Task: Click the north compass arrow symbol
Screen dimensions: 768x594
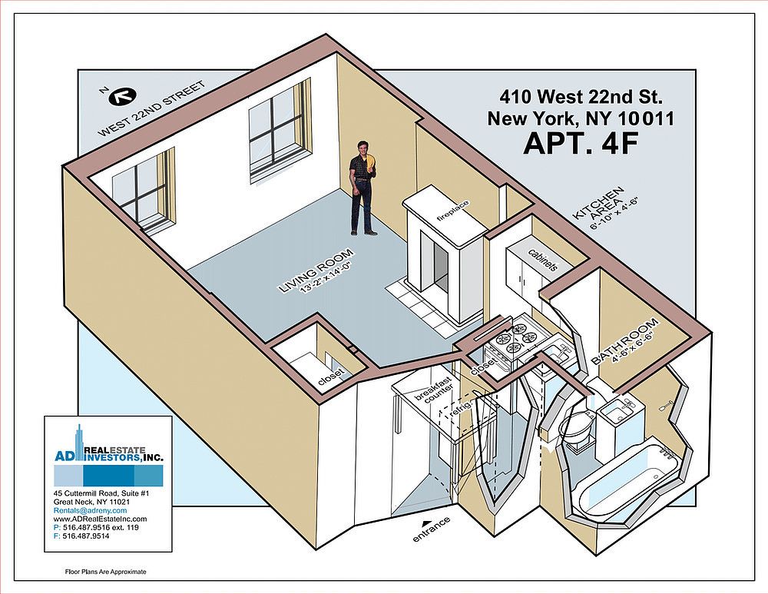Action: coord(121,96)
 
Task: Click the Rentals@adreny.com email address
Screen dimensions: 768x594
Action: coord(91,510)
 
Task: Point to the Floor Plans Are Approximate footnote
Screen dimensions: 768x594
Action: coord(105,572)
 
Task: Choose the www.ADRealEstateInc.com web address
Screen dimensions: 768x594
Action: coord(100,519)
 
